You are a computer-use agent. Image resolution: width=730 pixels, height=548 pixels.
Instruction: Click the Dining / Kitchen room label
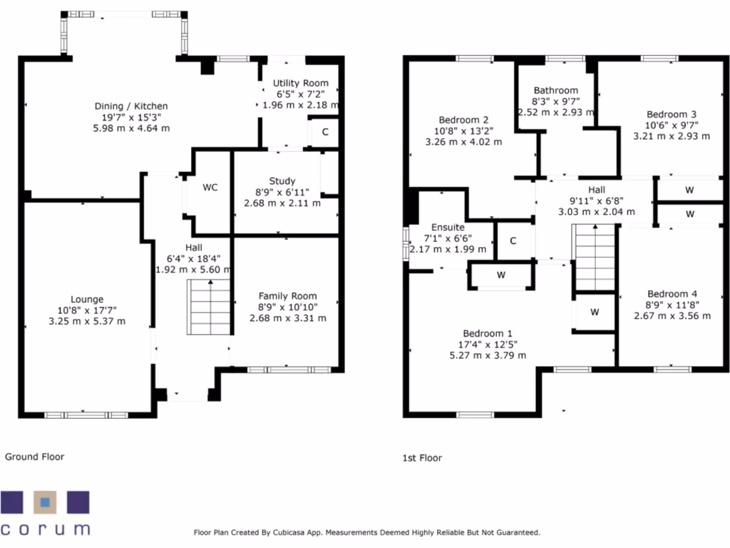(131, 106)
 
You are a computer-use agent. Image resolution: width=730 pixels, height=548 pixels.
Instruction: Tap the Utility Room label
(300, 83)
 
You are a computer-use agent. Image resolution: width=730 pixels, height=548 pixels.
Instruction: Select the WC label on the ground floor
(210, 188)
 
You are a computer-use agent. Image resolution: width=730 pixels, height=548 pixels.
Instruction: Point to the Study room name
(282, 181)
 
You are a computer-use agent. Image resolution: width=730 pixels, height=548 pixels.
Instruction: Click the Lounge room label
(87, 299)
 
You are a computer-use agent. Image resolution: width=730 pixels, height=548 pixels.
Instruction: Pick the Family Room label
(288, 296)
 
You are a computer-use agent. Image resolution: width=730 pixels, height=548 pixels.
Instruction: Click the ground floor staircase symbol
(209, 307)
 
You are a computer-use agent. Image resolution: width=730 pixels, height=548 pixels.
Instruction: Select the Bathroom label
(556, 91)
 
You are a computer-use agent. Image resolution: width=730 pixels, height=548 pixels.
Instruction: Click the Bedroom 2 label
(463, 120)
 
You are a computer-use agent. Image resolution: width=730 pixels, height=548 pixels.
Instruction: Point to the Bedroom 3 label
(672, 115)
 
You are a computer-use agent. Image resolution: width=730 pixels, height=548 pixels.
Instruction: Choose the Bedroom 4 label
(672, 294)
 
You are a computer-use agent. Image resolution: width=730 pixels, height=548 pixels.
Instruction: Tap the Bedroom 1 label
(488, 334)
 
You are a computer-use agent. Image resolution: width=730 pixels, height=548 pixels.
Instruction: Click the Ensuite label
(448, 228)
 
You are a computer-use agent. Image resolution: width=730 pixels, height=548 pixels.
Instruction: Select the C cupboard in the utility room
(325, 132)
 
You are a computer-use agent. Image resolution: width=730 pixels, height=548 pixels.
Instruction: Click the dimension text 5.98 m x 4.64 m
(131, 128)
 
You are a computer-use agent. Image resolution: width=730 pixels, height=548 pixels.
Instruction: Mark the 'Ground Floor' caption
(34, 457)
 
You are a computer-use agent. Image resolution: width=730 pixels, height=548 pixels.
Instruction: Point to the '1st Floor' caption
(422, 458)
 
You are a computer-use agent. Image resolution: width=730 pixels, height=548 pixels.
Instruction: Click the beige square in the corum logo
(45, 502)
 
